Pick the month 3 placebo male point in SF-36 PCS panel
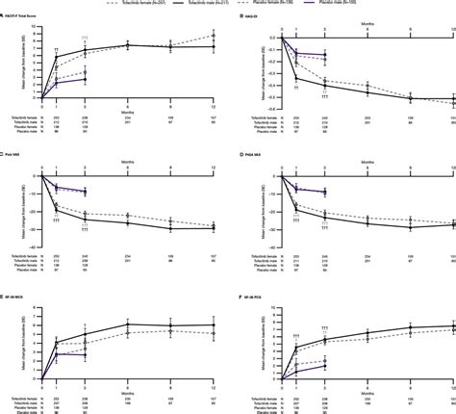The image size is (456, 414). [x=324, y=365]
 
